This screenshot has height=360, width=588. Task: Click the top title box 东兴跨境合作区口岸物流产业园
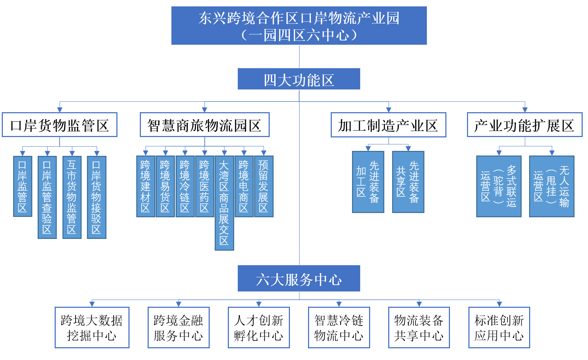[299, 26]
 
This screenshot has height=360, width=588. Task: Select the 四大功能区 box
[299, 79]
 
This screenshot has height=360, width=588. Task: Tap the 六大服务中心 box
[299, 279]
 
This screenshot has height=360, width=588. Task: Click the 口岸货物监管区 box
[60, 125]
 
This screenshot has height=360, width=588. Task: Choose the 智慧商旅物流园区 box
[204, 125]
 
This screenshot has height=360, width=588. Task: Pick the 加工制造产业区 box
[388, 125]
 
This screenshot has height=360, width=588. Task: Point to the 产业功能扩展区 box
[524, 125]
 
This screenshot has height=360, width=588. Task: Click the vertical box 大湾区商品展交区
[224, 203]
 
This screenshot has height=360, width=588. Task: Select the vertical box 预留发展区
[263, 186]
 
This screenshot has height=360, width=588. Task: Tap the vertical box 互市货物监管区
[72, 197]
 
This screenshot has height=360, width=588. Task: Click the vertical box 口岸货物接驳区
[96, 197]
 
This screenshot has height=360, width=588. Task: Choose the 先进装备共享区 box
[408, 182]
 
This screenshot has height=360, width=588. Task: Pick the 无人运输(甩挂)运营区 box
[551, 186]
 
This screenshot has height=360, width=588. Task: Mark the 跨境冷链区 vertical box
[185, 186]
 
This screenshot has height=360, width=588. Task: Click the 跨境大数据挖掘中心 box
[92, 327]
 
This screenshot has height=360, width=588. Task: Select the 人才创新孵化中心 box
[259, 327]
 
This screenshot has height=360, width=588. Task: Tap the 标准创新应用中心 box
[499, 327]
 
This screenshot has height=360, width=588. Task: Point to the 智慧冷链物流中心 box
[339, 327]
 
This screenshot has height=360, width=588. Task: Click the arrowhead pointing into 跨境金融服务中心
[178, 304]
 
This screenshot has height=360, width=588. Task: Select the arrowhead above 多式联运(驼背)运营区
[499, 153]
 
